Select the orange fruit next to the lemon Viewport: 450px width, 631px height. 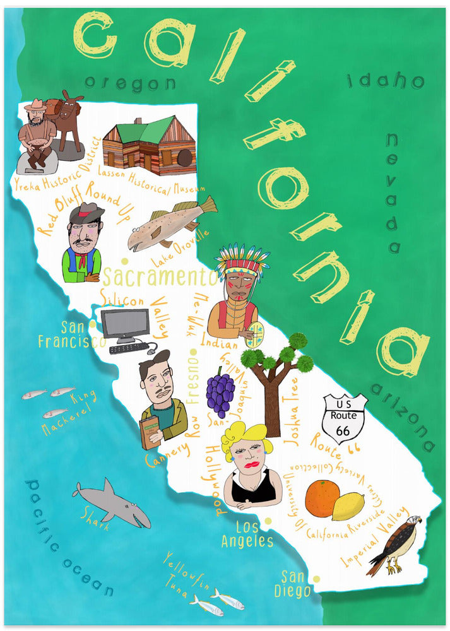[x=322, y=498]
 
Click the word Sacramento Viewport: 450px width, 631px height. [x=159, y=276]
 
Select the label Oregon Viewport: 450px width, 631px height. [x=130, y=83]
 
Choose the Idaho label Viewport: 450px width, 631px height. [x=385, y=81]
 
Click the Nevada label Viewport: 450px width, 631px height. [x=395, y=192]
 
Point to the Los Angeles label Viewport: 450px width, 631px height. [x=247, y=534]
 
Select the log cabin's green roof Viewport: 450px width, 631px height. [x=145, y=131]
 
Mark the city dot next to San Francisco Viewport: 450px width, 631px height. [x=93, y=324]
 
